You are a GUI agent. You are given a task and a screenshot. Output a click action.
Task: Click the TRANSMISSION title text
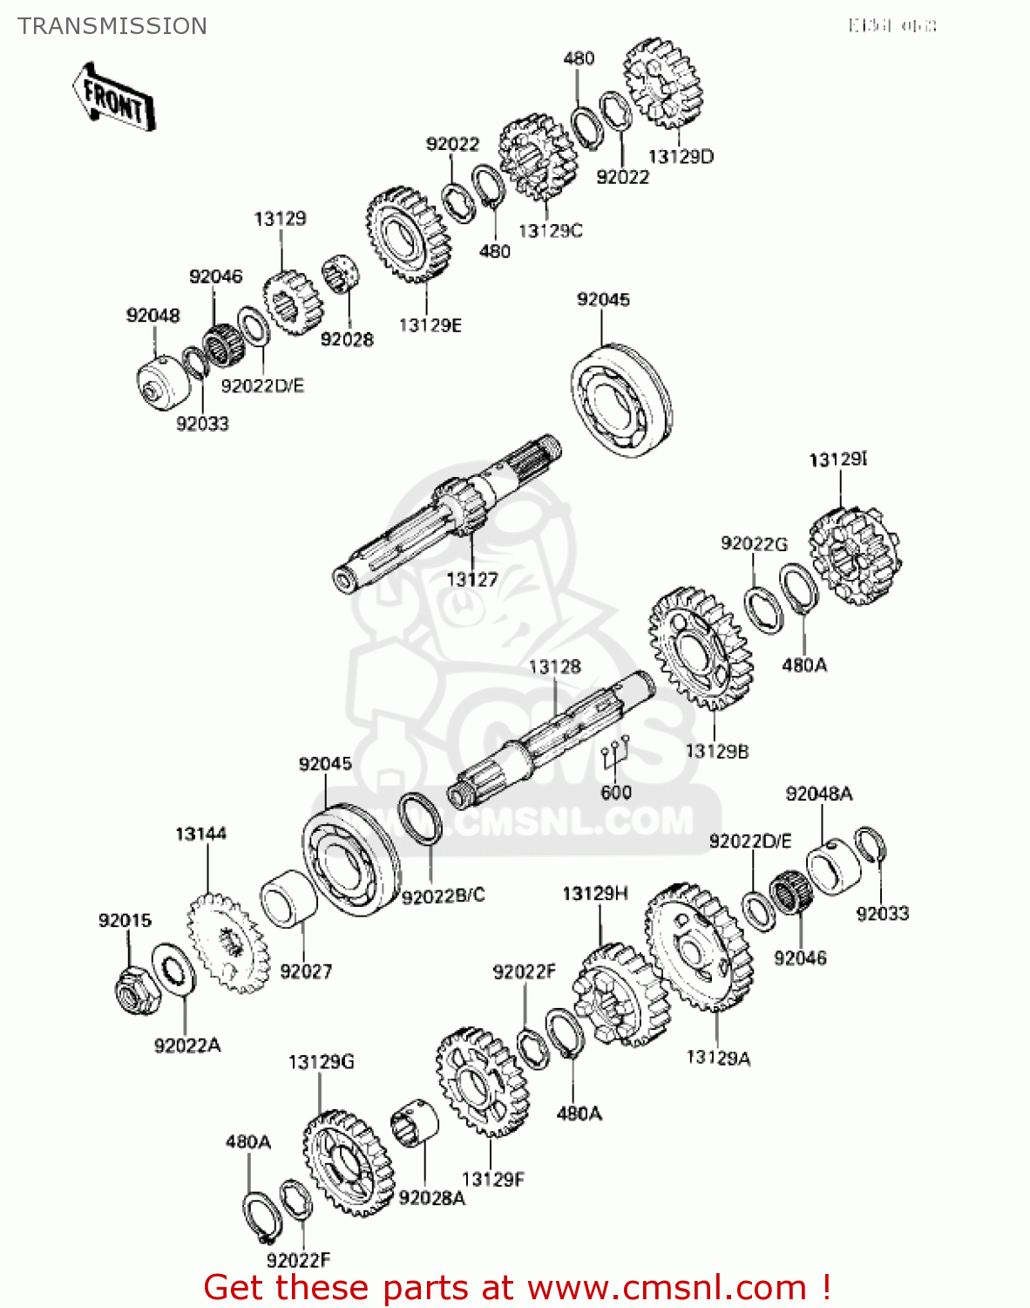click(112, 26)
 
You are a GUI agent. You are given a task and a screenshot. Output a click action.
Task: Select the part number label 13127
click(471, 579)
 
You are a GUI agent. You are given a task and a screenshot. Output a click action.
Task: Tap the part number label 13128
click(554, 667)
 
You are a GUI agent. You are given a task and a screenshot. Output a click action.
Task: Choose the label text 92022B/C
click(443, 896)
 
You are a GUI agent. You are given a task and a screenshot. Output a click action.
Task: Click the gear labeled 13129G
click(348, 1163)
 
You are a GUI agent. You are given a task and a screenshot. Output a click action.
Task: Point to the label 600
click(616, 793)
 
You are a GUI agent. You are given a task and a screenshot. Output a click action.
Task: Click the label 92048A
click(818, 794)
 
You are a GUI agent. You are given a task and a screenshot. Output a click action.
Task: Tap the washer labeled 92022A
click(174, 968)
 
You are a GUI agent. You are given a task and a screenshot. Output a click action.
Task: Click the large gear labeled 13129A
click(699, 946)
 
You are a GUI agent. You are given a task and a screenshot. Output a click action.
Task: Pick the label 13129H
click(595, 894)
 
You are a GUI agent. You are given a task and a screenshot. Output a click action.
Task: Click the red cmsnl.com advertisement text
click(517, 1287)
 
